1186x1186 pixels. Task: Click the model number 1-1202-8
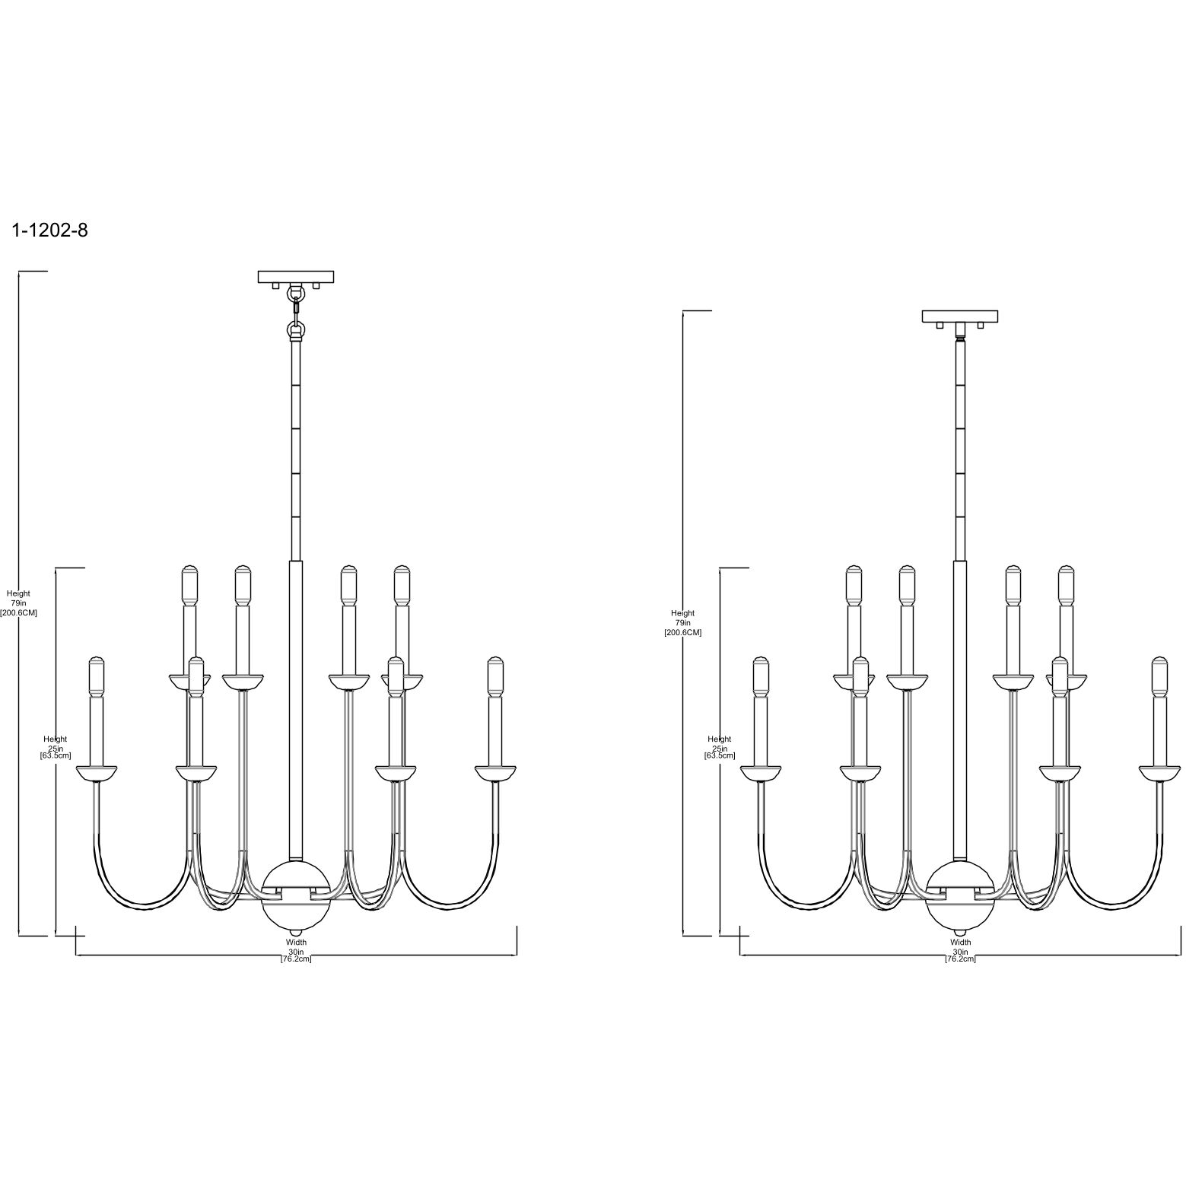(x=50, y=231)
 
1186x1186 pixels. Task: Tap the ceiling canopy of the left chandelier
(x=296, y=277)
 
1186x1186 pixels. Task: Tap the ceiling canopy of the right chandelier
(x=960, y=316)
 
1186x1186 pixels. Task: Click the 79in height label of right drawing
(x=682, y=622)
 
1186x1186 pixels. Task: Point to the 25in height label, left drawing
(x=56, y=747)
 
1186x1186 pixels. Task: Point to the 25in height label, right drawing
(x=720, y=747)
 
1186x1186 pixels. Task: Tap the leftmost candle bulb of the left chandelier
(x=96, y=676)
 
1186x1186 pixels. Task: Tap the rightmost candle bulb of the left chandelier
(x=496, y=676)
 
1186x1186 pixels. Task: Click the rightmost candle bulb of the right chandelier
(x=1159, y=676)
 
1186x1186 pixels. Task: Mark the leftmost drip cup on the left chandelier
(x=96, y=773)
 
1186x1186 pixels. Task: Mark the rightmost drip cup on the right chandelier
(x=1159, y=773)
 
